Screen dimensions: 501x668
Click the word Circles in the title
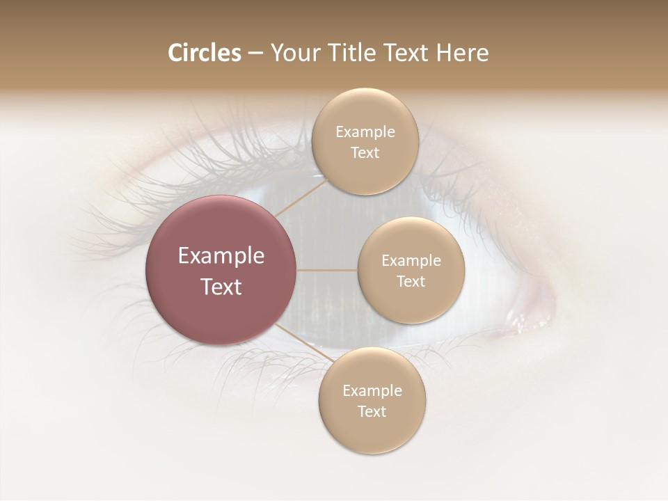point(204,53)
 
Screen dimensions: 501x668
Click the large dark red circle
point(221,270)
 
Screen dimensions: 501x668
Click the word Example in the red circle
point(221,256)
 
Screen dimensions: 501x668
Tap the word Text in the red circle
point(221,287)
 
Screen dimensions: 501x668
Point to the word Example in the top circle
point(365,132)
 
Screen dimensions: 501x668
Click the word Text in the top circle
point(365,152)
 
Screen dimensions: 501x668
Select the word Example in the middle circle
point(411,261)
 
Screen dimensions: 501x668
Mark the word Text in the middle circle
point(411,281)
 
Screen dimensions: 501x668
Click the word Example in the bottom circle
point(372,391)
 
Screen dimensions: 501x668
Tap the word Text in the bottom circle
point(372,411)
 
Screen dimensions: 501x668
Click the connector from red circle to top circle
point(300,198)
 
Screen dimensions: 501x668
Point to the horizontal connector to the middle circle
point(326,270)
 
